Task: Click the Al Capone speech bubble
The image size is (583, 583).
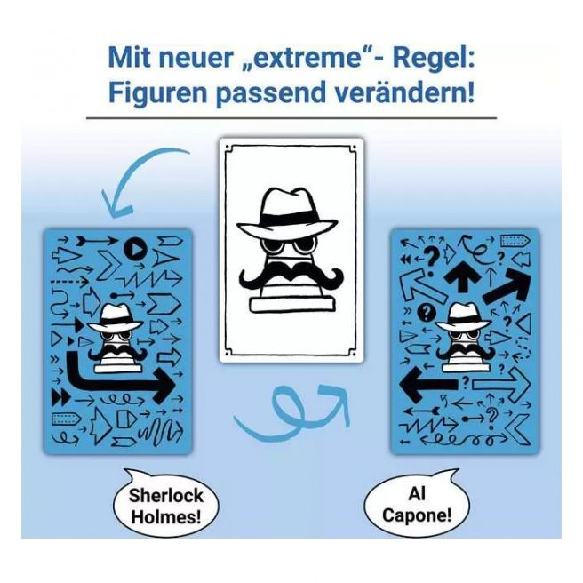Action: [417, 502]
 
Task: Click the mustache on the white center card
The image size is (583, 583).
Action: [291, 275]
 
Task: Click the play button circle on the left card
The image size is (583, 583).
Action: [135, 248]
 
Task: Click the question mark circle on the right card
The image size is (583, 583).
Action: [427, 313]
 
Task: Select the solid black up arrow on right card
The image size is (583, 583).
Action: [462, 276]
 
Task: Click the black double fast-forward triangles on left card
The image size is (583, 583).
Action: [60, 397]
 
